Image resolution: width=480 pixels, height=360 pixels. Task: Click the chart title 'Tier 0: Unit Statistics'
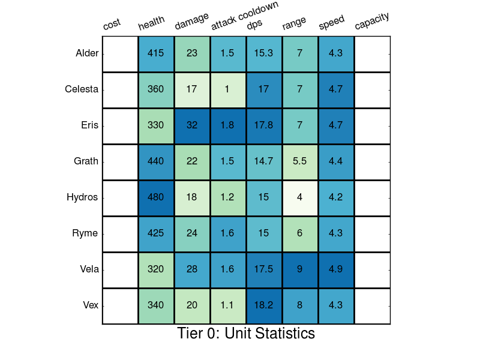click(246, 334)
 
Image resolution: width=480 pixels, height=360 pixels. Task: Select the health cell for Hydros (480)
click(156, 197)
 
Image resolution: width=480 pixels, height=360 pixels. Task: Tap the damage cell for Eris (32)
click(192, 125)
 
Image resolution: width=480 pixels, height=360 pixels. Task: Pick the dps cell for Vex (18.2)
click(264, 305)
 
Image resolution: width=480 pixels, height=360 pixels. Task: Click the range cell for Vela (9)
click(300, 269)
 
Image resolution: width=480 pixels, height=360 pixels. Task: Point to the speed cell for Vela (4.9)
click(336, 269)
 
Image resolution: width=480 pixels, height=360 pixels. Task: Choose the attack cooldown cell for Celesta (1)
click(228, 89)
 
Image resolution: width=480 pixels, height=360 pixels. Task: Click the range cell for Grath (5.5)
click(300, 161)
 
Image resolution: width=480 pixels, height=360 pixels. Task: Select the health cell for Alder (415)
click(156, 53)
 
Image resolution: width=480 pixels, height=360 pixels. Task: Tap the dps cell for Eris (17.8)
click(264, 125)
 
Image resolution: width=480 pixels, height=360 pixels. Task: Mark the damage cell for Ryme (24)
click(192, 233)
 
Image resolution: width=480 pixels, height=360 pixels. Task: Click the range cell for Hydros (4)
click(300, 197)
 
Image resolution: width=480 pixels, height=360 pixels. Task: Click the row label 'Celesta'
click(82, 89)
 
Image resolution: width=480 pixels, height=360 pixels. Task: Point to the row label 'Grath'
click(85, 161)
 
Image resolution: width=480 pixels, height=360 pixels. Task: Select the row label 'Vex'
click(90, 305)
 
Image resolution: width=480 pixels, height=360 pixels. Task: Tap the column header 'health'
click(151, 24)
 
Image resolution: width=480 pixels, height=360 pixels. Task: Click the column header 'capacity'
click(372, 21)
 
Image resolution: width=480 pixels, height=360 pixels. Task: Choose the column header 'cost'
click(112, 24)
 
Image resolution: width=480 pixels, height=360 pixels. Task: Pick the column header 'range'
click(294, 23)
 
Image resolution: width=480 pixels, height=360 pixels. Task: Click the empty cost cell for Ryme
click(120, 233)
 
